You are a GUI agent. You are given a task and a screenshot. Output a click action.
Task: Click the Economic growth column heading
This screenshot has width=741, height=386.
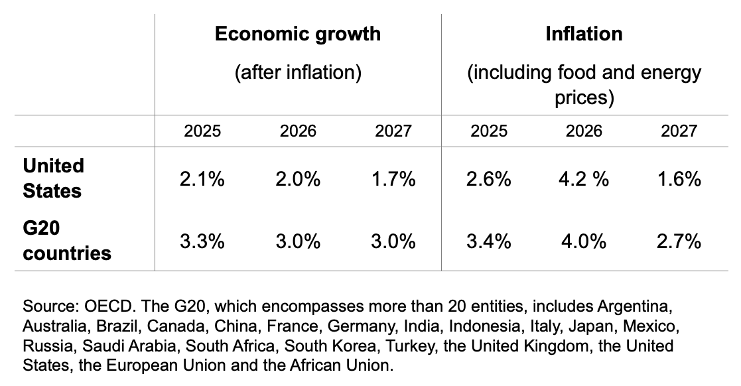tap(298, 34)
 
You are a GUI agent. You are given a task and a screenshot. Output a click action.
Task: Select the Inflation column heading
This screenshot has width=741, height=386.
tap(584, 34)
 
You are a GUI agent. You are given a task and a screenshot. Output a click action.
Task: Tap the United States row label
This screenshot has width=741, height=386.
tap(53, 178)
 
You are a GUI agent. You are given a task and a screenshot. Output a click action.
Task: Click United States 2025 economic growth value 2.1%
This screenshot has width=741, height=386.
tap(202, 178)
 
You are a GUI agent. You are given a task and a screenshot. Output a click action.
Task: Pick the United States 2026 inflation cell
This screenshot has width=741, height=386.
tap(584, 178)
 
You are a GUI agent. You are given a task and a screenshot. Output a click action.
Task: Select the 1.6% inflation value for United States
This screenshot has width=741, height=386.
tap(679, 178)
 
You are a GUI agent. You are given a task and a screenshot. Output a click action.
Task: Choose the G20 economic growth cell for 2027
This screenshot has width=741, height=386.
tap(393, 241)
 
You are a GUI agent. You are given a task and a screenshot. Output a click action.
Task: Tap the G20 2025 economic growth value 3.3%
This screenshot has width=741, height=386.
tap(202, 241)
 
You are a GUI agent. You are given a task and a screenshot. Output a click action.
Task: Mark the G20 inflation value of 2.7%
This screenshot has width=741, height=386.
tap(679, 241)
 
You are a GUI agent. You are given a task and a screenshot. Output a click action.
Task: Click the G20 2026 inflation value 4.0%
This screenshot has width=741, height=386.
tap(584, 241)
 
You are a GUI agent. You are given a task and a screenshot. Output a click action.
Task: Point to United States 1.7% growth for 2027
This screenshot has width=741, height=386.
tap(393, 178)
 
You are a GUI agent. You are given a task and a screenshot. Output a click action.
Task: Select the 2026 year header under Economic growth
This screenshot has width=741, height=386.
tap(298, 131)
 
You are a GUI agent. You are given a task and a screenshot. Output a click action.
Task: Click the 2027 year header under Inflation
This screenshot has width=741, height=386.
tap(679, 131)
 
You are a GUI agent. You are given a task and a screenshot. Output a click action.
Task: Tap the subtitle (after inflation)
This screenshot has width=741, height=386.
tap(298, 72)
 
